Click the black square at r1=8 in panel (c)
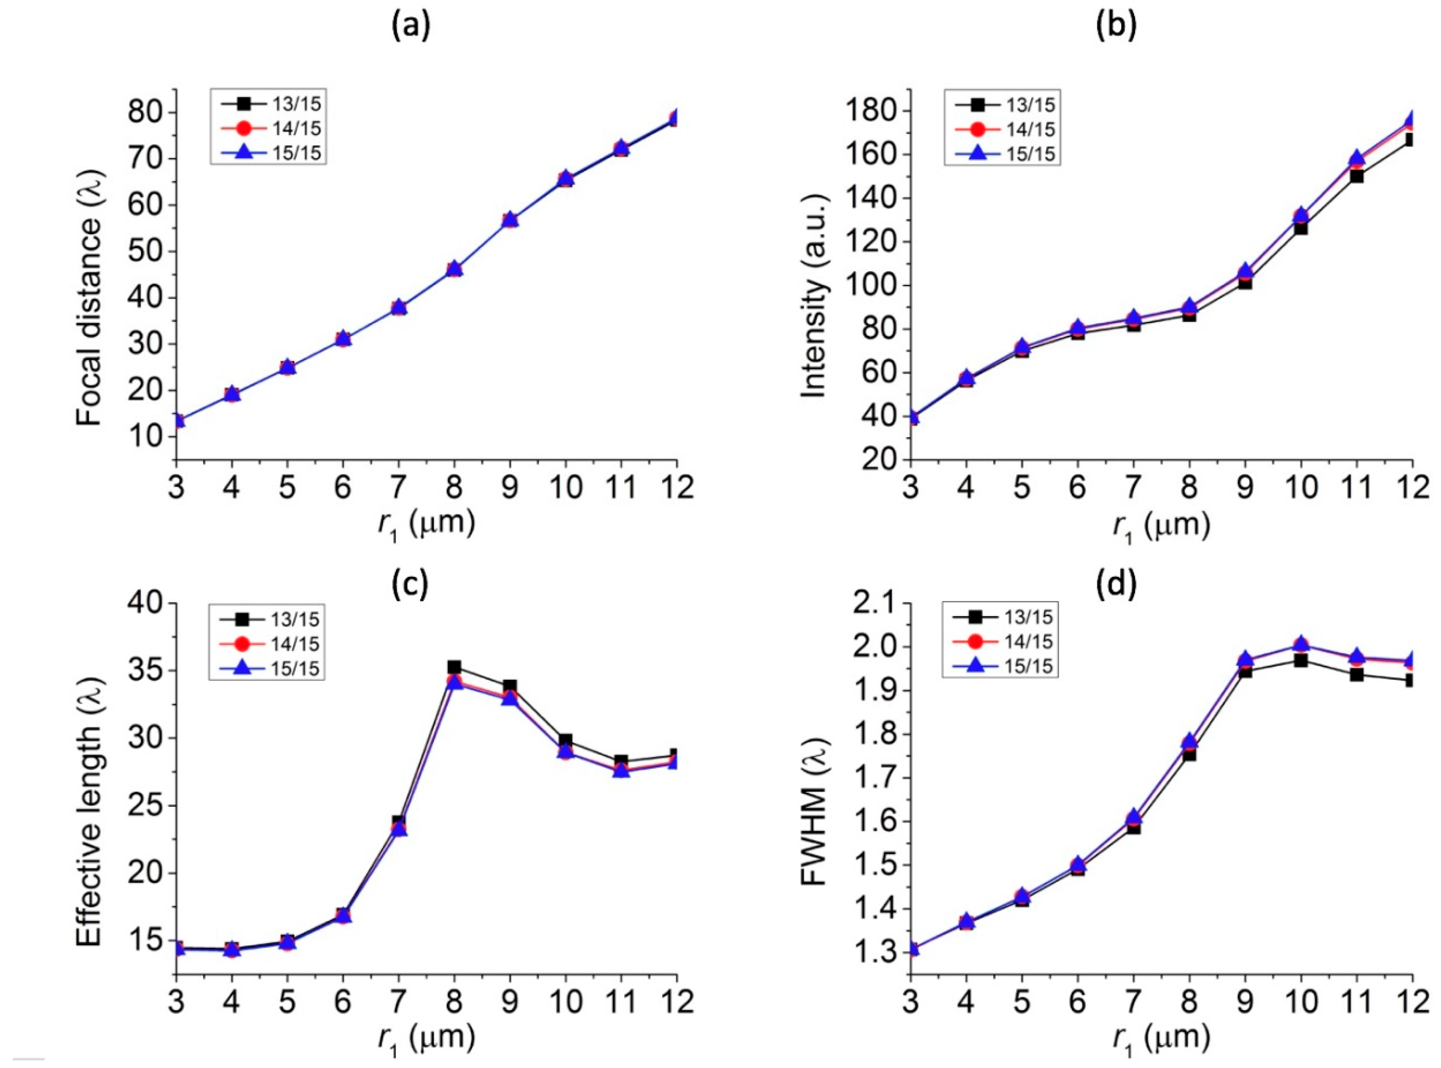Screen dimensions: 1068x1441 [454, 667]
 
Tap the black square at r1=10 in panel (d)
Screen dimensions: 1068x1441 [1301, 660]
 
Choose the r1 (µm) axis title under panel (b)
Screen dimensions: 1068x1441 [1160, 527]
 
